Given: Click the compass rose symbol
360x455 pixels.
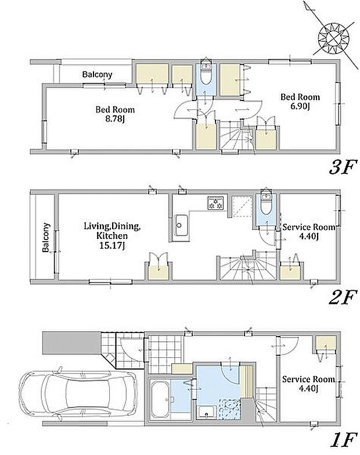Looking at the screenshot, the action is tap(333, 38).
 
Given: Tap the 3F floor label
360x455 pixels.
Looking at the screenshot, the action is tap(342, 167).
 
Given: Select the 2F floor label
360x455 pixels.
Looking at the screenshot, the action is tap(342, 298).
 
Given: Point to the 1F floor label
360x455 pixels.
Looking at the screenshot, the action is tap(343, 440).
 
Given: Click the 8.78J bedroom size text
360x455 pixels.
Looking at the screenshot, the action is tap(115, 119).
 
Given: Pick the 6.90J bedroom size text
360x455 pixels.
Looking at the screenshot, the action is tap(300, 106).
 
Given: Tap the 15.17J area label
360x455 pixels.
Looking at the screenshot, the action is tap(112, 246).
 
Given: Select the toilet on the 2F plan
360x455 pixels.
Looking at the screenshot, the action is tap(266, 204).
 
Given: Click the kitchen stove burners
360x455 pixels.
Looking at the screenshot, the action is tap(216, 203).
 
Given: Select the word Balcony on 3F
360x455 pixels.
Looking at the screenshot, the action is tap(97, 74).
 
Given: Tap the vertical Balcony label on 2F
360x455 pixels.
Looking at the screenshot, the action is tap(46, 237).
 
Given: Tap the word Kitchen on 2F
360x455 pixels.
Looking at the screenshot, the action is tap(112, 235).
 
